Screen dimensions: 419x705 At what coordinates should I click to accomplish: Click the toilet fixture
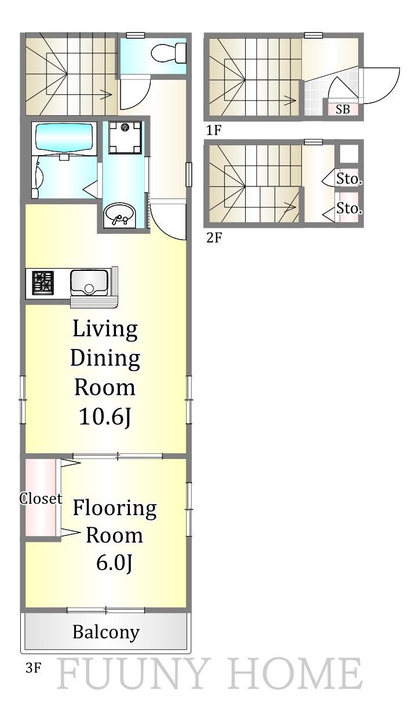[168, 53]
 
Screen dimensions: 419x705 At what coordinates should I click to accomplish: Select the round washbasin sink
[120, 215]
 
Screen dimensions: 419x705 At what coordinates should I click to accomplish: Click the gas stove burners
[43, 283]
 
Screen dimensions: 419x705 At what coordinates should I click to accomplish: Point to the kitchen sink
[89, 282]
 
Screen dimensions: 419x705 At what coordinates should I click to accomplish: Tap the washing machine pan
[125, 137]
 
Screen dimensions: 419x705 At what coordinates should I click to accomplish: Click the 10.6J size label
[105, 417]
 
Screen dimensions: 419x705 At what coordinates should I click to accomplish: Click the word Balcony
[106, 632]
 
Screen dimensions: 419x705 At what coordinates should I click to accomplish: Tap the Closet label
[41, 498]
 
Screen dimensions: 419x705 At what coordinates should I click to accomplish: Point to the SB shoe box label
[343, 109]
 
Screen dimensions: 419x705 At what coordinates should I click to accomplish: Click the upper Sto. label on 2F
[349, 179]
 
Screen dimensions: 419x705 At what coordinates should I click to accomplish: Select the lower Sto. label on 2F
[349, 208]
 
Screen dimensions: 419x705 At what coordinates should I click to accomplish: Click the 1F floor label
[214, 130]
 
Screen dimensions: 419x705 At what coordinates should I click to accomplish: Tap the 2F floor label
[214, 237]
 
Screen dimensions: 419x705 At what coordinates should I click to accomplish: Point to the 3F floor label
[34, 668]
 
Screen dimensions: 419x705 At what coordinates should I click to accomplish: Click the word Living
[105, 329]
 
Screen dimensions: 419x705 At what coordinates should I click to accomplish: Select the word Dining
[105, 359]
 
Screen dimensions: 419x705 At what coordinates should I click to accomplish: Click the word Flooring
[115, 509]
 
